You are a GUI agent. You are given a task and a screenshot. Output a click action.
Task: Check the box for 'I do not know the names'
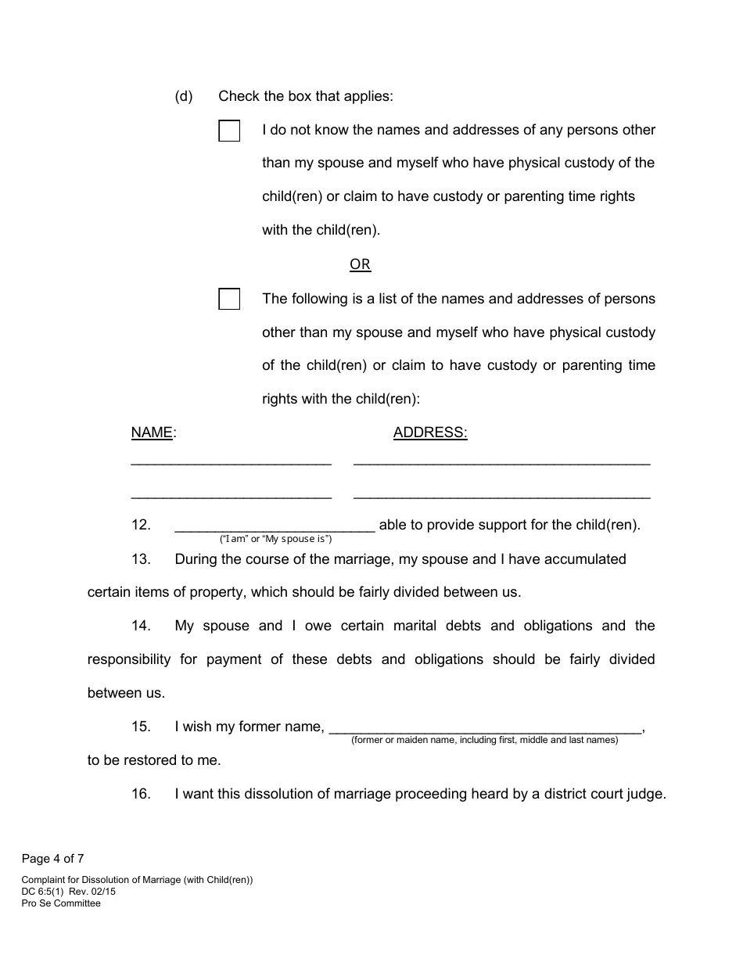tap(229, 131)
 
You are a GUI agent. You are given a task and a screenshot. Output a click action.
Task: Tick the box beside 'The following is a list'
tap(229, 300)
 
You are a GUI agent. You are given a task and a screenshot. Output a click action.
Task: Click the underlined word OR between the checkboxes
tap(360, 264)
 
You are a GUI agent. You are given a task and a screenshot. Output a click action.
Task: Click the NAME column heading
tap(152, 433)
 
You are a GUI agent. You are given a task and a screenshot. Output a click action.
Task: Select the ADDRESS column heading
tap(429, 433)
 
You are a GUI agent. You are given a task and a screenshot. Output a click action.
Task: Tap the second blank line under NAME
tap(231, 496)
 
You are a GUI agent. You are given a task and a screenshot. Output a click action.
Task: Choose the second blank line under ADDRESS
tap(501, 496)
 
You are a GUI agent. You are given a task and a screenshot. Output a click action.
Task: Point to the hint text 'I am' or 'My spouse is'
tap(276, 539)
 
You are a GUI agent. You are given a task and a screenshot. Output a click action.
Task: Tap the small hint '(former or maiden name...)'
tap(484, 740)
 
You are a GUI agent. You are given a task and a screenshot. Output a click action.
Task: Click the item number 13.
tap(141, 559)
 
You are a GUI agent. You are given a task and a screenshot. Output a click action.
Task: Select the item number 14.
tap(141, 626)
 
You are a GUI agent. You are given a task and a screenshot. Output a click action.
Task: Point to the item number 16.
tap(141, 794)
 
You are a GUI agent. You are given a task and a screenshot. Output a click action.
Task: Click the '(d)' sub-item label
tap(184, 96)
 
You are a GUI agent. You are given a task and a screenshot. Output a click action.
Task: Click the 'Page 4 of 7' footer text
tap(52, 859)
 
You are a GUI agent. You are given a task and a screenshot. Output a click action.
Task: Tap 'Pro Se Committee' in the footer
tap(61, 903)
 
